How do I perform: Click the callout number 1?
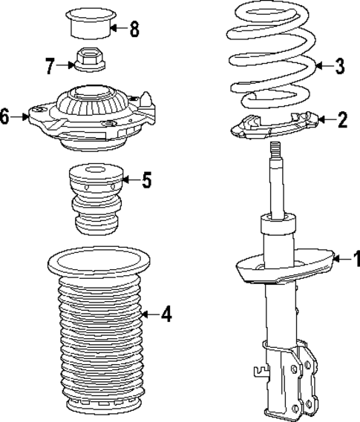point(356,260)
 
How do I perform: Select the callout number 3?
point(339,67)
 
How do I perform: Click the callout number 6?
point(5,116)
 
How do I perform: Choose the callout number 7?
point(50,67)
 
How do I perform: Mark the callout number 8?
point(134,30)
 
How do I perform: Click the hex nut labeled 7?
point(88,59)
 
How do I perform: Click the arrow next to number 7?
point(65,67)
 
